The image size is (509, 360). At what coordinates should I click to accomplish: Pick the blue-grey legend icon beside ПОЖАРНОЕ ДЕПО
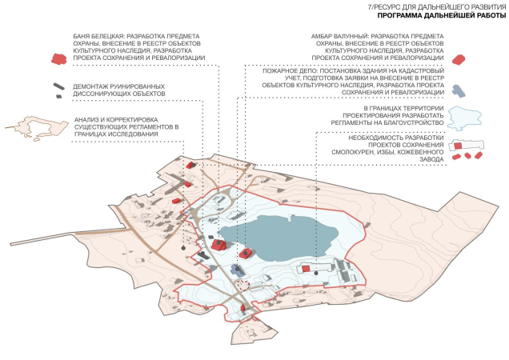click(x=457, y=90)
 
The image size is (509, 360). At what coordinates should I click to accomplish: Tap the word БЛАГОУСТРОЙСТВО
click(x=403, y=124)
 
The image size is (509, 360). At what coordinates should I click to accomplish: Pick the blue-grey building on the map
click(x=237, y=269)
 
